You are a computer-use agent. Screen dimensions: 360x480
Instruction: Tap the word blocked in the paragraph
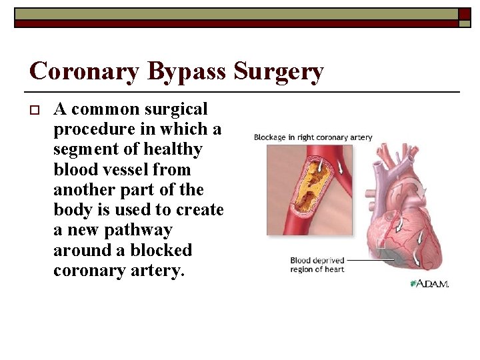coord(160,251)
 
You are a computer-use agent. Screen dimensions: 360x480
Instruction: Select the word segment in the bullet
coord(87,149)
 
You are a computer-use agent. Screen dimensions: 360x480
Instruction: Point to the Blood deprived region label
coord(317,265)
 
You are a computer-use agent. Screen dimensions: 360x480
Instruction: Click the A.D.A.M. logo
coord(430,283)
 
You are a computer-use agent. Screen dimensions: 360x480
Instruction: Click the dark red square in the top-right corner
coord(464,13)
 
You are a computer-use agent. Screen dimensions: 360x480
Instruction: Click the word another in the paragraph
coord(84,189)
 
